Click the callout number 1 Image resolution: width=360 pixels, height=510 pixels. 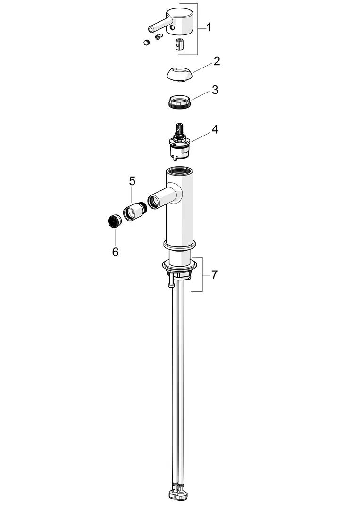click(209, 27)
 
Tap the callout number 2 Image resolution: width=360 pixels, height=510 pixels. click(217, 61)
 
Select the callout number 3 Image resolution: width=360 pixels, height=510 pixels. click(215, 90)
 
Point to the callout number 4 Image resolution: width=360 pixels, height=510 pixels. click(214, 129)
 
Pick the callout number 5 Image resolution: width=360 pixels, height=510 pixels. click(132, 181)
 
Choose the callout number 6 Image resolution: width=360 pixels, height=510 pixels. click(115, 252)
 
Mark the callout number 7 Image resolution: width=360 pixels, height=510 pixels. click(214, 275)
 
